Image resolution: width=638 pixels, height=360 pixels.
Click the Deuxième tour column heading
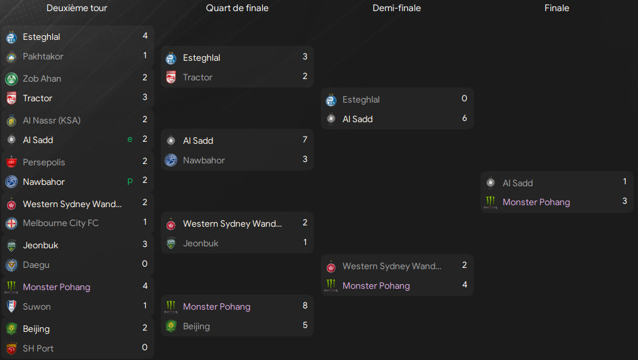pos(77,8)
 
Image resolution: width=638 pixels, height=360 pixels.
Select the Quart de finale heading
pos(237,8)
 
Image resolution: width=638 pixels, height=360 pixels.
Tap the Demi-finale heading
pos(397,8)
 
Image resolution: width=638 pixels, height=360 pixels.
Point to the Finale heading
pos(557,8)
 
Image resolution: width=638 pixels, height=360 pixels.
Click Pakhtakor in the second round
pos(43,56)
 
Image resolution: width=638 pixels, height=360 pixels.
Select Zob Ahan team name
pos(42,78)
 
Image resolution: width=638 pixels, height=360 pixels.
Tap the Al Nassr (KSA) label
pos(52,120)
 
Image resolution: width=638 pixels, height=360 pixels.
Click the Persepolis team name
pos(44,162)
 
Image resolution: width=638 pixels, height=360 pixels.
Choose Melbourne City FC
pos(61,223)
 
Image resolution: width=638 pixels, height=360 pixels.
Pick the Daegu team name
pos(36,265)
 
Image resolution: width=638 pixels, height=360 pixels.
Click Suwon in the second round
pos(37,306)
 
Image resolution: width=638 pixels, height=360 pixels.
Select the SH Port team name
pos(38,348)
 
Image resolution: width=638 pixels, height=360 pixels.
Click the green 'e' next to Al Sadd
pos(131,139)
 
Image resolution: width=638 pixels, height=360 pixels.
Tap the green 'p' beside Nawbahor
pos(131,181)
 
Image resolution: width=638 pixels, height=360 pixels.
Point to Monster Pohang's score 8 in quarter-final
pos(305,306)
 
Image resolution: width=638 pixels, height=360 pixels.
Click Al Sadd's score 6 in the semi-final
pos(464,118)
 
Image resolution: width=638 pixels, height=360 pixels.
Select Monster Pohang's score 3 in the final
pos(625,201)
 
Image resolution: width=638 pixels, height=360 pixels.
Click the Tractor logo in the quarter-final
pos(171,77)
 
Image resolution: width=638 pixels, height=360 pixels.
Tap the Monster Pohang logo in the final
pos(490,203)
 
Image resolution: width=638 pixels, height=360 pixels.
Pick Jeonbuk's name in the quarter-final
pos(201,243)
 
